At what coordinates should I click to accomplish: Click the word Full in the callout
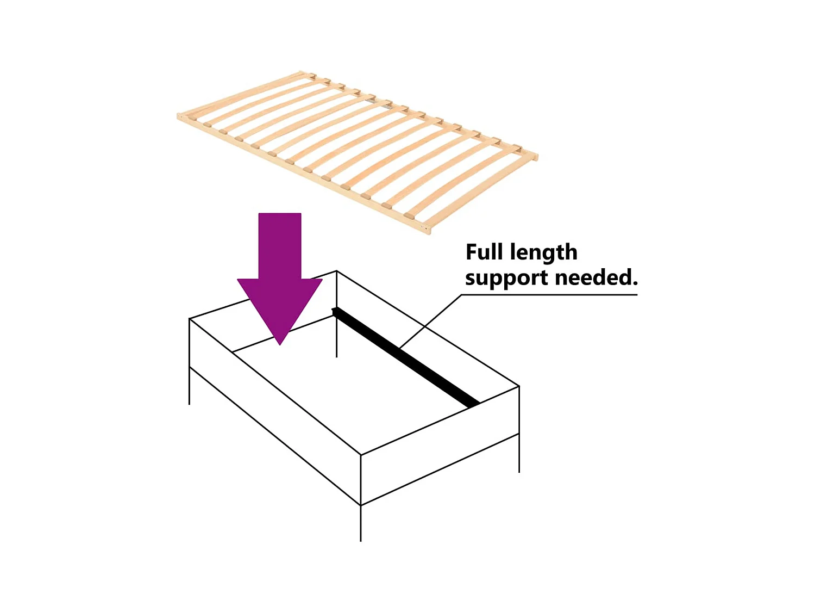tap(484, 252)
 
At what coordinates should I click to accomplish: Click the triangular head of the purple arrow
tap(280, 305)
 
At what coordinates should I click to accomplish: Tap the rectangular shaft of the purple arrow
tap(280, 245)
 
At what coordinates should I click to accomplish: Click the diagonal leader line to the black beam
tap(429, 322)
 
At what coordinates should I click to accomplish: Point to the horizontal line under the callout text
tap(549, 295)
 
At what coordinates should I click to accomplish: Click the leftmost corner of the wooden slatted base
tap(180, 116)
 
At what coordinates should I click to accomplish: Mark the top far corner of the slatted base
tap(302, 72)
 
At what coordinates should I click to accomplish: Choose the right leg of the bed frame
tap(519, 454)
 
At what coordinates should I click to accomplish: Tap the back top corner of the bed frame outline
tap(336, 271)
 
